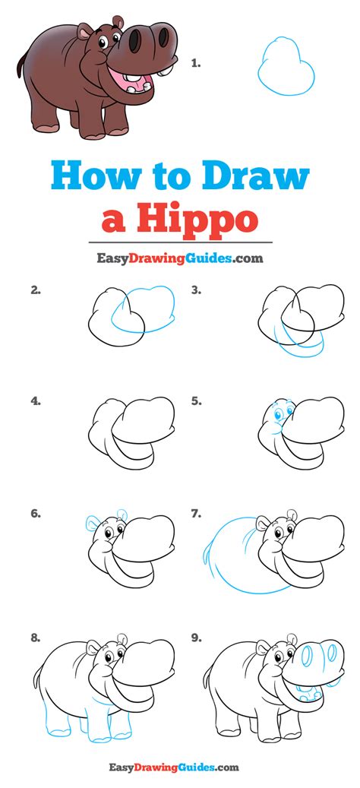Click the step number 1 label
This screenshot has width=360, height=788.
[195, 63]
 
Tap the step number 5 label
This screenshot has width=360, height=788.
[196, 401]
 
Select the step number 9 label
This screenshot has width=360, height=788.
[196, 638]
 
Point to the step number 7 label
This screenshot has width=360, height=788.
[196, 514]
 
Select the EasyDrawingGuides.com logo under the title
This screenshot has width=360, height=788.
[180, 258]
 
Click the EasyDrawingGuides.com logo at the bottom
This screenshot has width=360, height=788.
[174, 767]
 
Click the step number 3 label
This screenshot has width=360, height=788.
[196, 290]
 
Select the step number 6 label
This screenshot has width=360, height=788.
[35, 514]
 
